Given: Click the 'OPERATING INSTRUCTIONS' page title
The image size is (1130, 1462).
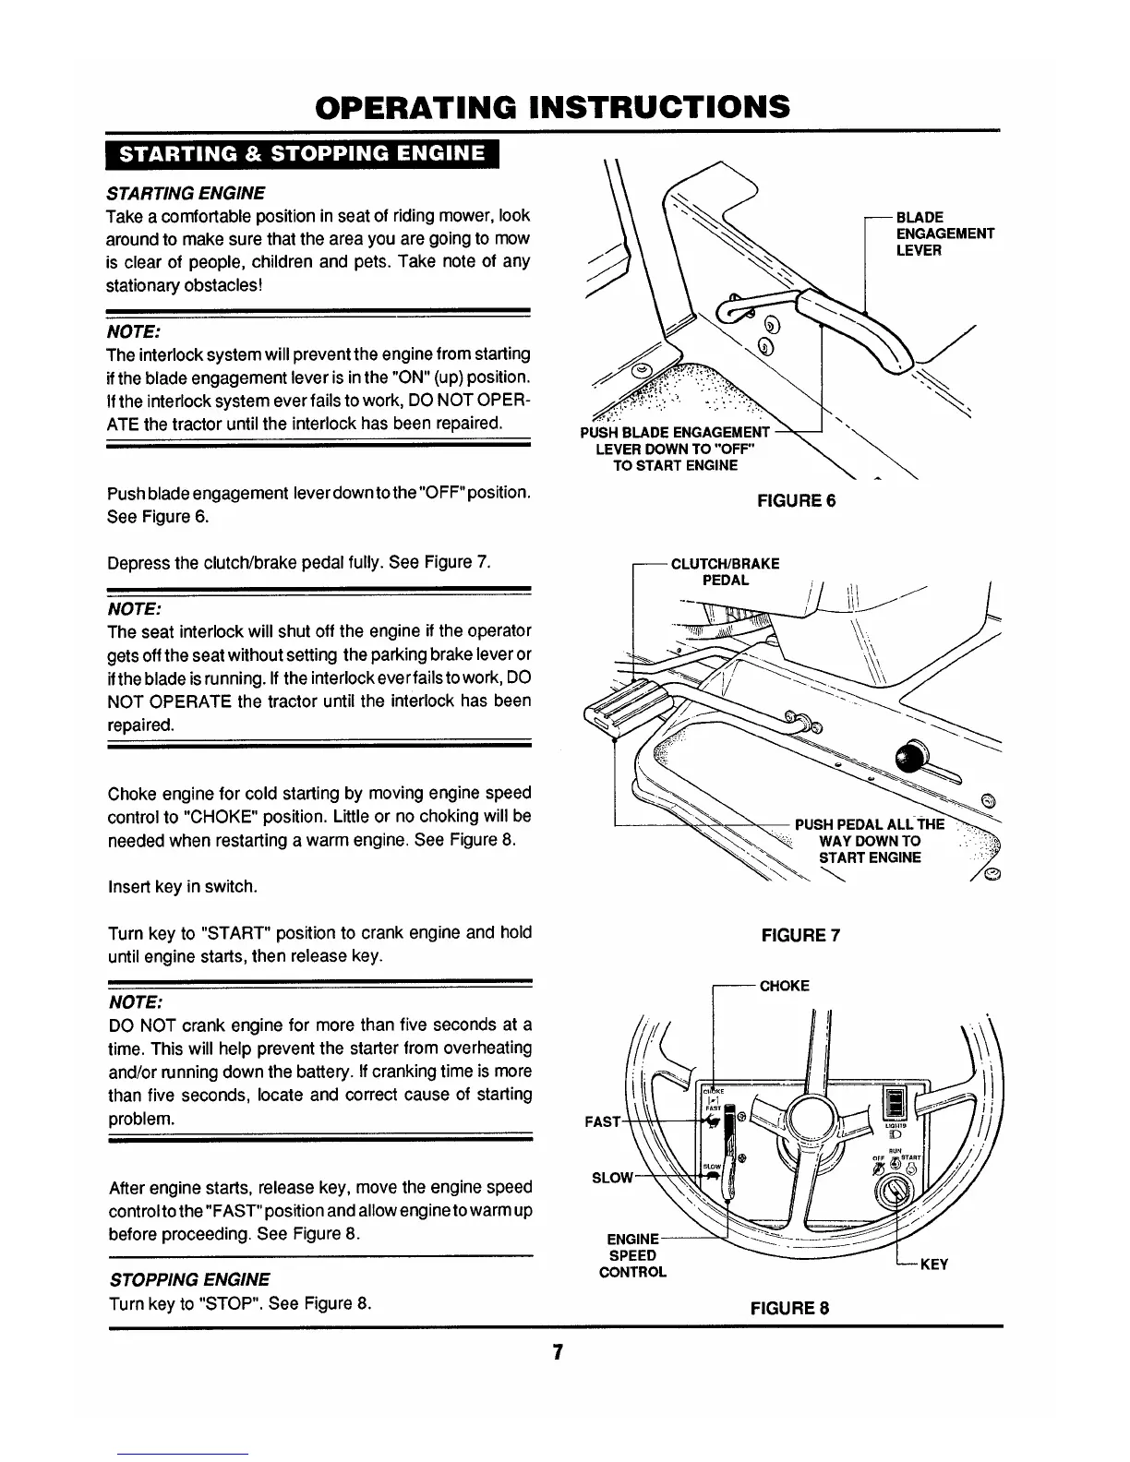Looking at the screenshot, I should click(x=553, y=107).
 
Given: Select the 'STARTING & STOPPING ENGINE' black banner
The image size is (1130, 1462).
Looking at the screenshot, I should click(x=301, y=153).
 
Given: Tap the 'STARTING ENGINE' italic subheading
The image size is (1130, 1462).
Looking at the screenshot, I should click(x=186, y=193).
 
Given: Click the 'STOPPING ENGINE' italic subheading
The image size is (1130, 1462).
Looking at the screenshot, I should click(x=189, y=1279).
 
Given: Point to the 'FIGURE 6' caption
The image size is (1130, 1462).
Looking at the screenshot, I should click(x=796, y=500).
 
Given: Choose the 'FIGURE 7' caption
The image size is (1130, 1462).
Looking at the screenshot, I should click(x=799, y=936).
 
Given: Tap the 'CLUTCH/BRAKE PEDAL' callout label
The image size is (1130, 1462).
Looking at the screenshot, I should click(x=725, y=571).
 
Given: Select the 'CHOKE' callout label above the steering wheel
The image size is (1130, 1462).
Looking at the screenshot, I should click(x=784, y=986).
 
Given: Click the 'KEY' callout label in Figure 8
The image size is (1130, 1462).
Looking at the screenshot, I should click(x=935, y=1264).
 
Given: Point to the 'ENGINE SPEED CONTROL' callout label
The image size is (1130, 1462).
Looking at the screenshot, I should click(x=633, y=1255).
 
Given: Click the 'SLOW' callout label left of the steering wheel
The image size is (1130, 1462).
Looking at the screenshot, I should click(x=610, y=1178).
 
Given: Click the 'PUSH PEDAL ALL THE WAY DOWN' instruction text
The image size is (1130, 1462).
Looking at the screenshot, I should click(x=870, y=841).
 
